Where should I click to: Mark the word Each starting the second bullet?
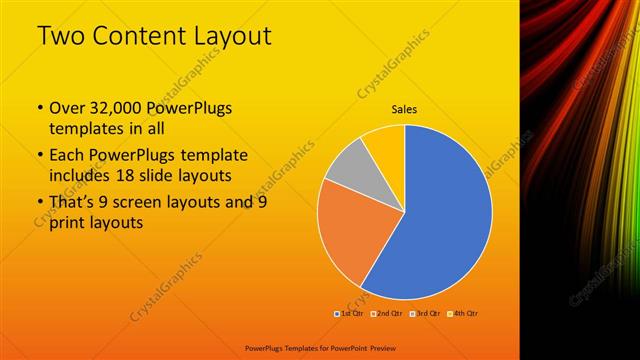(x=67, y=156)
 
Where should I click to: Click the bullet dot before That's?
(x=39, y=203)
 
